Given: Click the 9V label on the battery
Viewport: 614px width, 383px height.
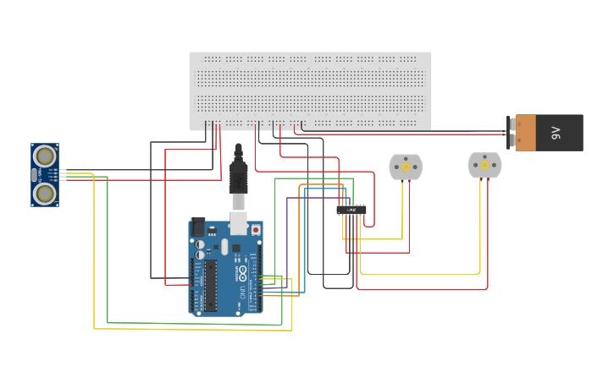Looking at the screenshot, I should [556, 133].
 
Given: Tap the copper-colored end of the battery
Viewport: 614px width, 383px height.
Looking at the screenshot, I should [525, 133].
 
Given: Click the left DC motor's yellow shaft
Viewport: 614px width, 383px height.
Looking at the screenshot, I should [405, 167].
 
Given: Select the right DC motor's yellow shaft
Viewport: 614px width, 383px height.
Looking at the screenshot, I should [484, 166].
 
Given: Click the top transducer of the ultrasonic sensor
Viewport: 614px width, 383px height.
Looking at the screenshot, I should [45, 156].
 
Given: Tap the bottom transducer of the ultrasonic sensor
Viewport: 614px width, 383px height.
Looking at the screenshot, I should [45, 194].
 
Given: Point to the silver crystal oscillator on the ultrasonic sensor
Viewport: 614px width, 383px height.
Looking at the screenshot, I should [34, 175].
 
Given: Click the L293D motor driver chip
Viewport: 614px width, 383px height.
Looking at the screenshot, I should [351, 209].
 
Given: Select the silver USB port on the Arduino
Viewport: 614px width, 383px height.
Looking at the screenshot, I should [239, 223].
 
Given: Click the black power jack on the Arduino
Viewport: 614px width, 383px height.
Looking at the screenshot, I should [197, 227].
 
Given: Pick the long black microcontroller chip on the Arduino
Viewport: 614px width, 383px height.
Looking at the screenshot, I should [210, 285].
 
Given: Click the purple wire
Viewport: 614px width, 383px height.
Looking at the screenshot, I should [287, 237].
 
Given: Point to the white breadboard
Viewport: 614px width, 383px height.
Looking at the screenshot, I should [310, 90].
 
